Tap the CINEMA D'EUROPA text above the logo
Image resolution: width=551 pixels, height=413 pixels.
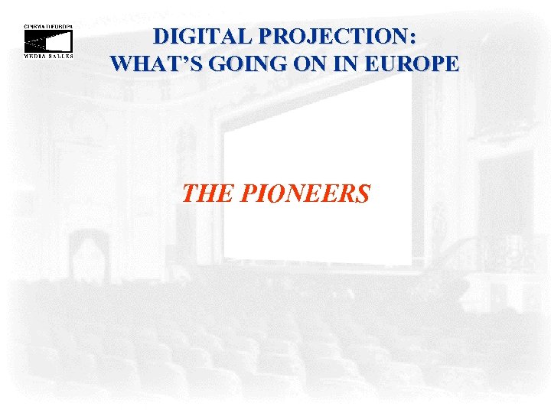(47, 26)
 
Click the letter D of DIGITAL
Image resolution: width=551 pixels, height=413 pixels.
(161, 36)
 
